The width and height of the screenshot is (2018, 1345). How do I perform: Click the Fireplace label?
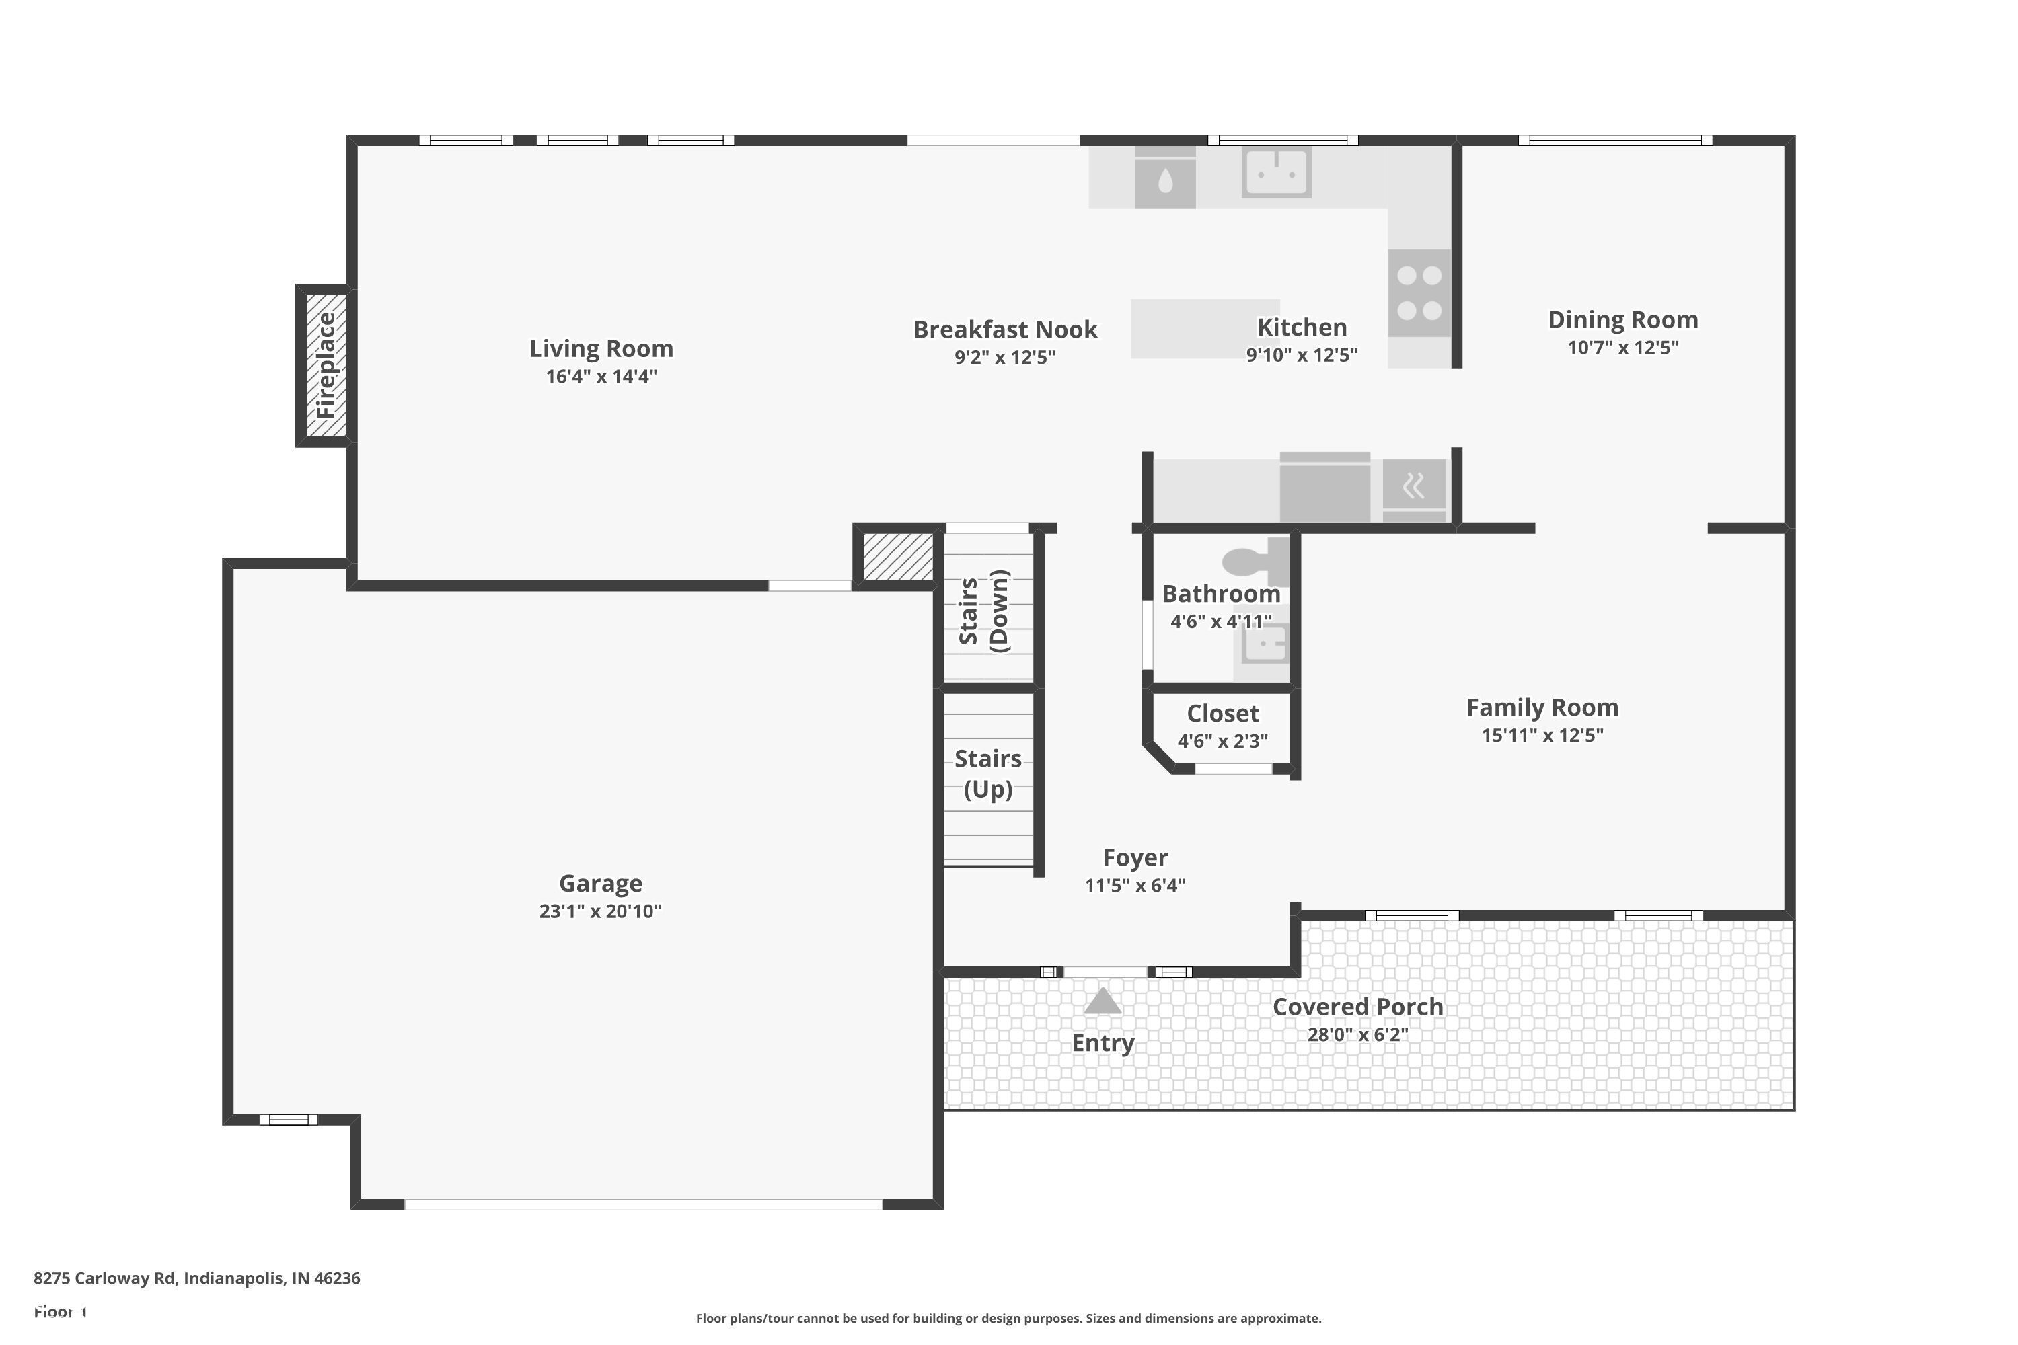tap(326, 365)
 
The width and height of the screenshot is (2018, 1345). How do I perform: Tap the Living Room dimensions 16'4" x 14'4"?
tap(601, 377)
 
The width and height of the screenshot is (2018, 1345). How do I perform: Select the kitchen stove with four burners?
tap(1419, 293)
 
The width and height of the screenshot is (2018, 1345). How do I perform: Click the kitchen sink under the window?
tap(1276, 172)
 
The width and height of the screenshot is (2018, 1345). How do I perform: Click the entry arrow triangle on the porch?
tap(1103, 1001)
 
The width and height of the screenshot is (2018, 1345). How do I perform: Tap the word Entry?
tap(1103, 1043)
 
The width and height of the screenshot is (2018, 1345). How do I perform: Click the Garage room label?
tap(600, 884)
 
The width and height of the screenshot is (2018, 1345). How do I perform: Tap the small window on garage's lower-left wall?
tap(289, 1120)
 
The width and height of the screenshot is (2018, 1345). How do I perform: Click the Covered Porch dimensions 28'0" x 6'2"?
tap(1357, 1034)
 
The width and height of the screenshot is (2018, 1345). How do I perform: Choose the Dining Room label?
tap(1622, 320)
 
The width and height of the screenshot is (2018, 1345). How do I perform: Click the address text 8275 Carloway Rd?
tap(196, 1278)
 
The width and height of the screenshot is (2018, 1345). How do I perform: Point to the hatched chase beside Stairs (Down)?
tap(897, 557)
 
